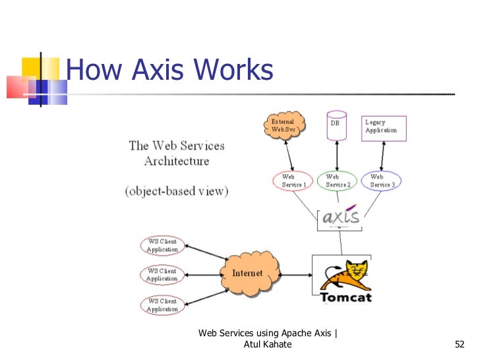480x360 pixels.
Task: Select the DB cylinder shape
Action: [x=337, y=126]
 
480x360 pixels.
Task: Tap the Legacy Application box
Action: [x=384, y=127]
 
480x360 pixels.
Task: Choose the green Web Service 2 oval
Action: [x=337, y=181]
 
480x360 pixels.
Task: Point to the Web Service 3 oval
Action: [x=382, y=181]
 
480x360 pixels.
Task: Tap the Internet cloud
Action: [x=247, y=272]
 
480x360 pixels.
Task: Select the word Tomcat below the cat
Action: [x=345, y=297]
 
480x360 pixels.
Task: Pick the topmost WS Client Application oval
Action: [x=162, y=246]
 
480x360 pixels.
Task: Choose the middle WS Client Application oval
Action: [x=162, y=275]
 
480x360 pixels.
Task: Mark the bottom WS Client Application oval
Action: [x=162, y=305]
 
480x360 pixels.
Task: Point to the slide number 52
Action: [x=460, y=344]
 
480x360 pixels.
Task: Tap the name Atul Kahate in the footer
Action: [x=268, y=344]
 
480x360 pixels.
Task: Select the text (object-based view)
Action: [x=177, y=191]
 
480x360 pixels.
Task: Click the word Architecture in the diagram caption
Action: [x=177, y=161]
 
